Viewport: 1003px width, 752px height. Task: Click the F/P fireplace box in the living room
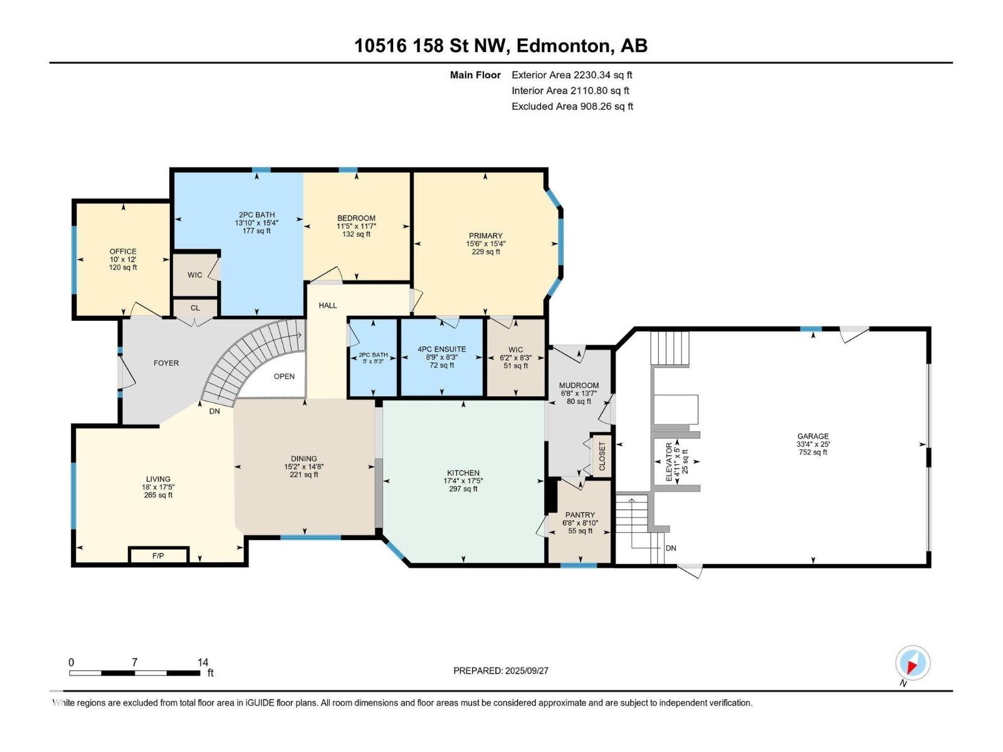click(x=159, y=555)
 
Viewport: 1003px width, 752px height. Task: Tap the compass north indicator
click(x=912, y=663)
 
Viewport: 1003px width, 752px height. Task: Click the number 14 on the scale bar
click(x=202, y=662)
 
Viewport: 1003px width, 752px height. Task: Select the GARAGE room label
click(x=812, y=436)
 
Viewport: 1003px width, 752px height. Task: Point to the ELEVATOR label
click(x=669, y=462)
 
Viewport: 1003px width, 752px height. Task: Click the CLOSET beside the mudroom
click(x=601, y=456)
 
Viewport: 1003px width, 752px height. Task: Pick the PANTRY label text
click(x=580, y=514)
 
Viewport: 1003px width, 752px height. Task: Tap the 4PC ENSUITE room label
click(x=441, y=349)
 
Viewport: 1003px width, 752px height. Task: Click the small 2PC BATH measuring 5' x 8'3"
click(x=373, y=357)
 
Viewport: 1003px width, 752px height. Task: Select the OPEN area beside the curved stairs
click(x=284, y=376)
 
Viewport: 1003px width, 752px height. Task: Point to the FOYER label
click(x=166, y=363)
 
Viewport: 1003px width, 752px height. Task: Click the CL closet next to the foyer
click(x=195, y=308)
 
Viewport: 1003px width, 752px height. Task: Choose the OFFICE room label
click(x=122, y=251)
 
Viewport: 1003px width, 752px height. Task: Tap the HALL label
click(x=328, y=305)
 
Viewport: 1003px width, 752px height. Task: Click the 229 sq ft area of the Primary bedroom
click(x=486, y=251)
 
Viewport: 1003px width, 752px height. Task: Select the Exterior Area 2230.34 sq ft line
click(x=572, y=75)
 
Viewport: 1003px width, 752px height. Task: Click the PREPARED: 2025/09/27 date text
click(x=501, y=671)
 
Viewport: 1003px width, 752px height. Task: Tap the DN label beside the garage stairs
click(x=670, y=548)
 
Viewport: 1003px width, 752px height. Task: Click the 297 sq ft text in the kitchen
click(x=463, y=489)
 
